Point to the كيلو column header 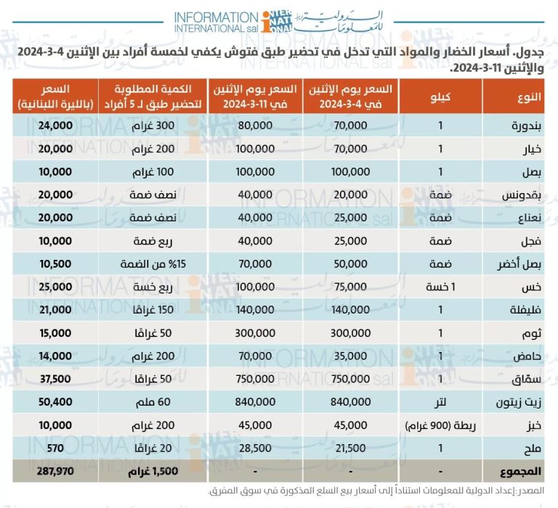[441, 96]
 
